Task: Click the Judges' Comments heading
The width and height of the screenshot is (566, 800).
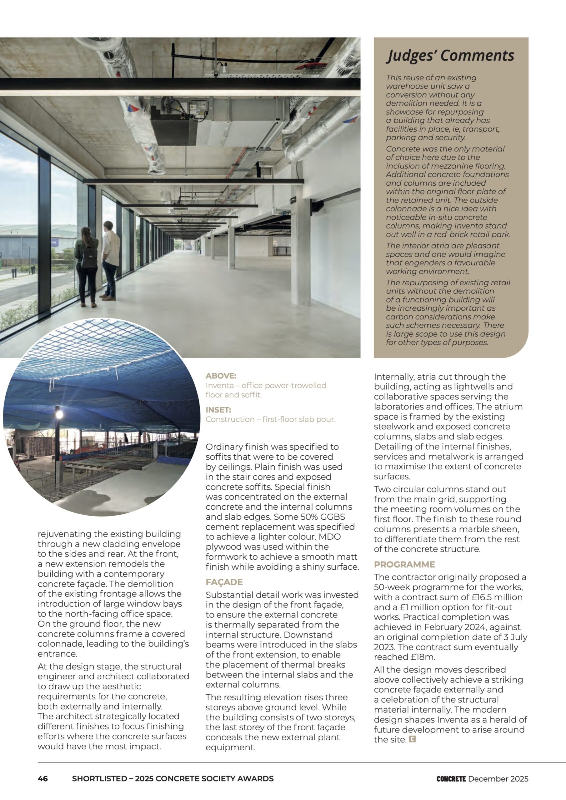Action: [x=450, y=55]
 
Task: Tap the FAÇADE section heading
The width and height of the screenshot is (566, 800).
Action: [x=224, y=582]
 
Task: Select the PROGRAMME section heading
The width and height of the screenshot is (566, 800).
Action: [x=404, y=564]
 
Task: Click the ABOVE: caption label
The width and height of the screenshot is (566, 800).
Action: [x=221, y=376]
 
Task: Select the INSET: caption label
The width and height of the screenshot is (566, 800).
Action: [x=218, y=410]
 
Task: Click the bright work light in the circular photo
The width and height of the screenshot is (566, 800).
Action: [x=59, y=414]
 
